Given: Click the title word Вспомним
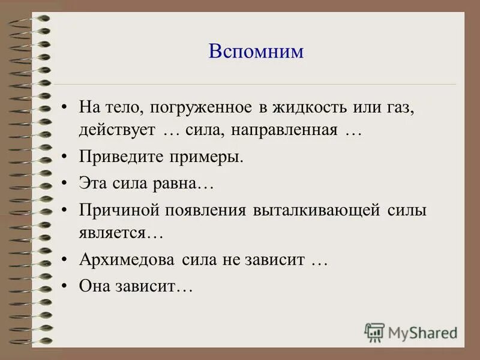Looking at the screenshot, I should click(256, 51).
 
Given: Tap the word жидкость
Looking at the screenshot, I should click(305, 109).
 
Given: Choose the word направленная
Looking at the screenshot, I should click(292, 130).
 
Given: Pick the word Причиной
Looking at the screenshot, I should click(115, 211).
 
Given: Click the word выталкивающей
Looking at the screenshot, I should click(317, 211).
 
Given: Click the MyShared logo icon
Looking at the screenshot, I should click(374, 332).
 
